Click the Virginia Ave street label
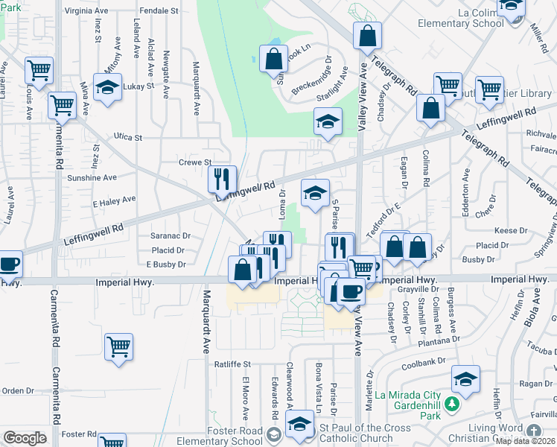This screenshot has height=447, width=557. [88, 11]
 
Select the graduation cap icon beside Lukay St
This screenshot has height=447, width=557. [107, 87]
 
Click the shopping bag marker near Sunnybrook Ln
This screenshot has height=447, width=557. [273, 59]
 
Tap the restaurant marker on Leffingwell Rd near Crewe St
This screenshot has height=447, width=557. [222, 180]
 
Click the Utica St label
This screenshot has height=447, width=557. [128, 137]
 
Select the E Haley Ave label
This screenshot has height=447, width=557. [114, 200]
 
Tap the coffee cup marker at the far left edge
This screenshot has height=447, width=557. [9, 264]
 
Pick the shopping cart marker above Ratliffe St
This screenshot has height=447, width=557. [118, 346]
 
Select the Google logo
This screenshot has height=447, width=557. [25, 437]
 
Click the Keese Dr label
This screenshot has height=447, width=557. [511, 231]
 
